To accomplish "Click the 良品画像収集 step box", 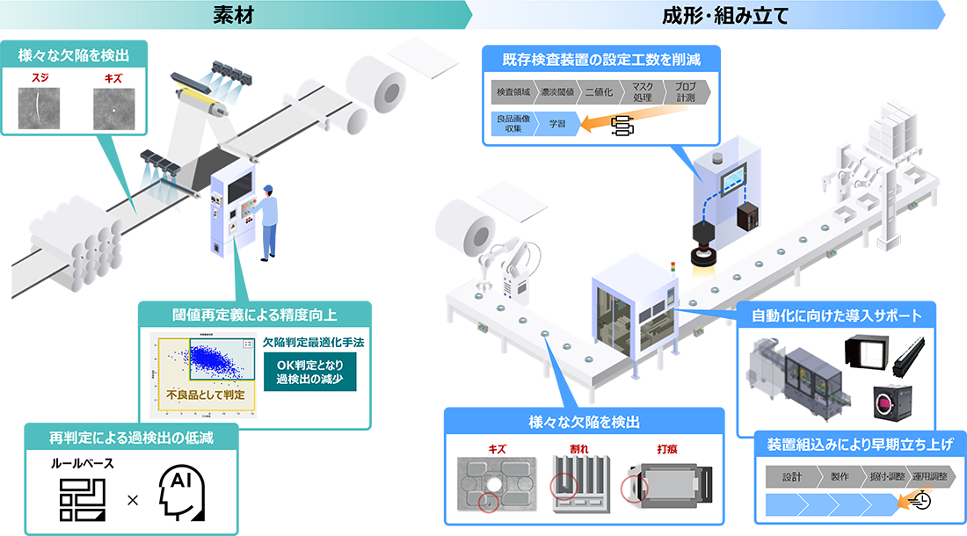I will point(510,126).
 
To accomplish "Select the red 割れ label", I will point(578,448).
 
